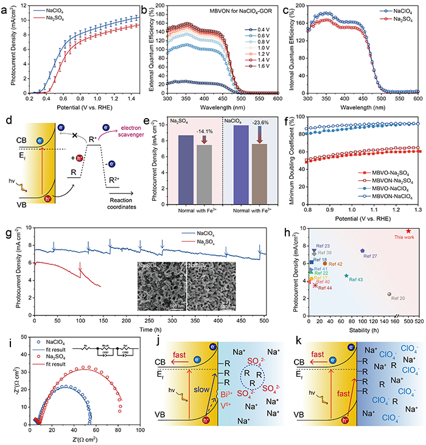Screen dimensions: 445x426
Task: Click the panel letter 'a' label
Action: (5, 7)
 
